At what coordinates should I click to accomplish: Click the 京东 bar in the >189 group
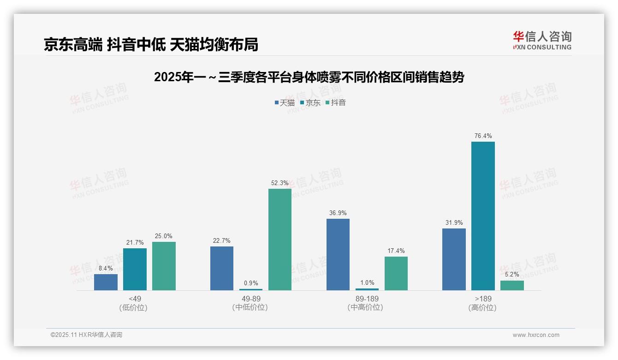point(483,216)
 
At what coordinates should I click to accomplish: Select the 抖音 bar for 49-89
point(280,240)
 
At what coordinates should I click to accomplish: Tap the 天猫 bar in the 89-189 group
point(338,254)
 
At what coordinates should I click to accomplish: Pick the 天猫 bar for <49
point(106,282)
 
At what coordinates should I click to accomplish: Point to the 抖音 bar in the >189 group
point(512,285)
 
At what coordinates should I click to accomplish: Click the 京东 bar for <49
point(135,269)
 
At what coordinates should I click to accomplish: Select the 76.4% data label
point(483,136)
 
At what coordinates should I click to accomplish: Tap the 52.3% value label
point(280,183)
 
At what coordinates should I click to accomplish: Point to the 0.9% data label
point(251,283)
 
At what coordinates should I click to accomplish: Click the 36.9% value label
point(338,213)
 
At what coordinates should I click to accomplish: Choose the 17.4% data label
point(396,251)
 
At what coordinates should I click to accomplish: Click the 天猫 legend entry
point(285,102)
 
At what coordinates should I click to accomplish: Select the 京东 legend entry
point(310,102)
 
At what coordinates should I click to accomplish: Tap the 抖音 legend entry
point(336,102)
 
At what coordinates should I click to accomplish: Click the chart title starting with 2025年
point(309,77)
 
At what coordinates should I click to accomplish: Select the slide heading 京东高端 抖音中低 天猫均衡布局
point(151,44)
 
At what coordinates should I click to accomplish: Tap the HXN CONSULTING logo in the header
point(542,40)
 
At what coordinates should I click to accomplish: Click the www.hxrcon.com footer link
point(536,335)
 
